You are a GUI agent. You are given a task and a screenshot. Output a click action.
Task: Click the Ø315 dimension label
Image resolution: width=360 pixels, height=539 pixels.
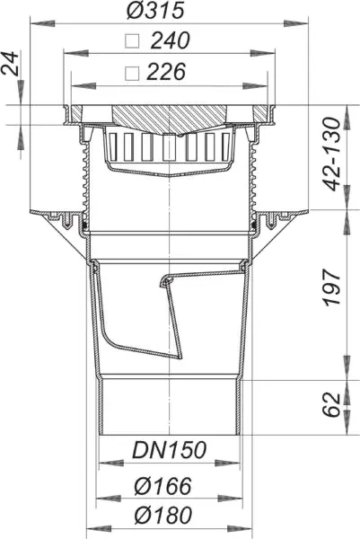[x=155, y=10]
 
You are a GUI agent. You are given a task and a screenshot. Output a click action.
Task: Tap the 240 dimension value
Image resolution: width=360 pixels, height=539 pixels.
[x=170, y=40]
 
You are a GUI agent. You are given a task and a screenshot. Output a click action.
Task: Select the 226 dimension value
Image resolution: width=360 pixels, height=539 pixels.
[x=166, y=72]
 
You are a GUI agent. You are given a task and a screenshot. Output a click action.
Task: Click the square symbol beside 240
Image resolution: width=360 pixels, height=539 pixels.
[x=132, y=41]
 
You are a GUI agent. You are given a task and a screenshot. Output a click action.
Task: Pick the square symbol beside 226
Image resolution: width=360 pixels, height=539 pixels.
[x=132, y=74]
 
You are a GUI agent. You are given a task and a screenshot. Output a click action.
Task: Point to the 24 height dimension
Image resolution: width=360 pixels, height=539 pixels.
[x=10, y=64]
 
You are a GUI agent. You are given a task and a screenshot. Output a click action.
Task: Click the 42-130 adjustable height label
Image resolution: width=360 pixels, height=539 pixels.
[x=332, y=154]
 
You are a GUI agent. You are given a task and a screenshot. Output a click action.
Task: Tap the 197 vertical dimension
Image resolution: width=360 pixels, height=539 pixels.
[x=332, y=287]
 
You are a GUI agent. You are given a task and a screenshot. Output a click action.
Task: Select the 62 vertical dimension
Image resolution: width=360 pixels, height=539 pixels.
[x=332, y=404]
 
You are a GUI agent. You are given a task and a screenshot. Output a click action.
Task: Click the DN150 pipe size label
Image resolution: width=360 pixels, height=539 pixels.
[x=170, y=450]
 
